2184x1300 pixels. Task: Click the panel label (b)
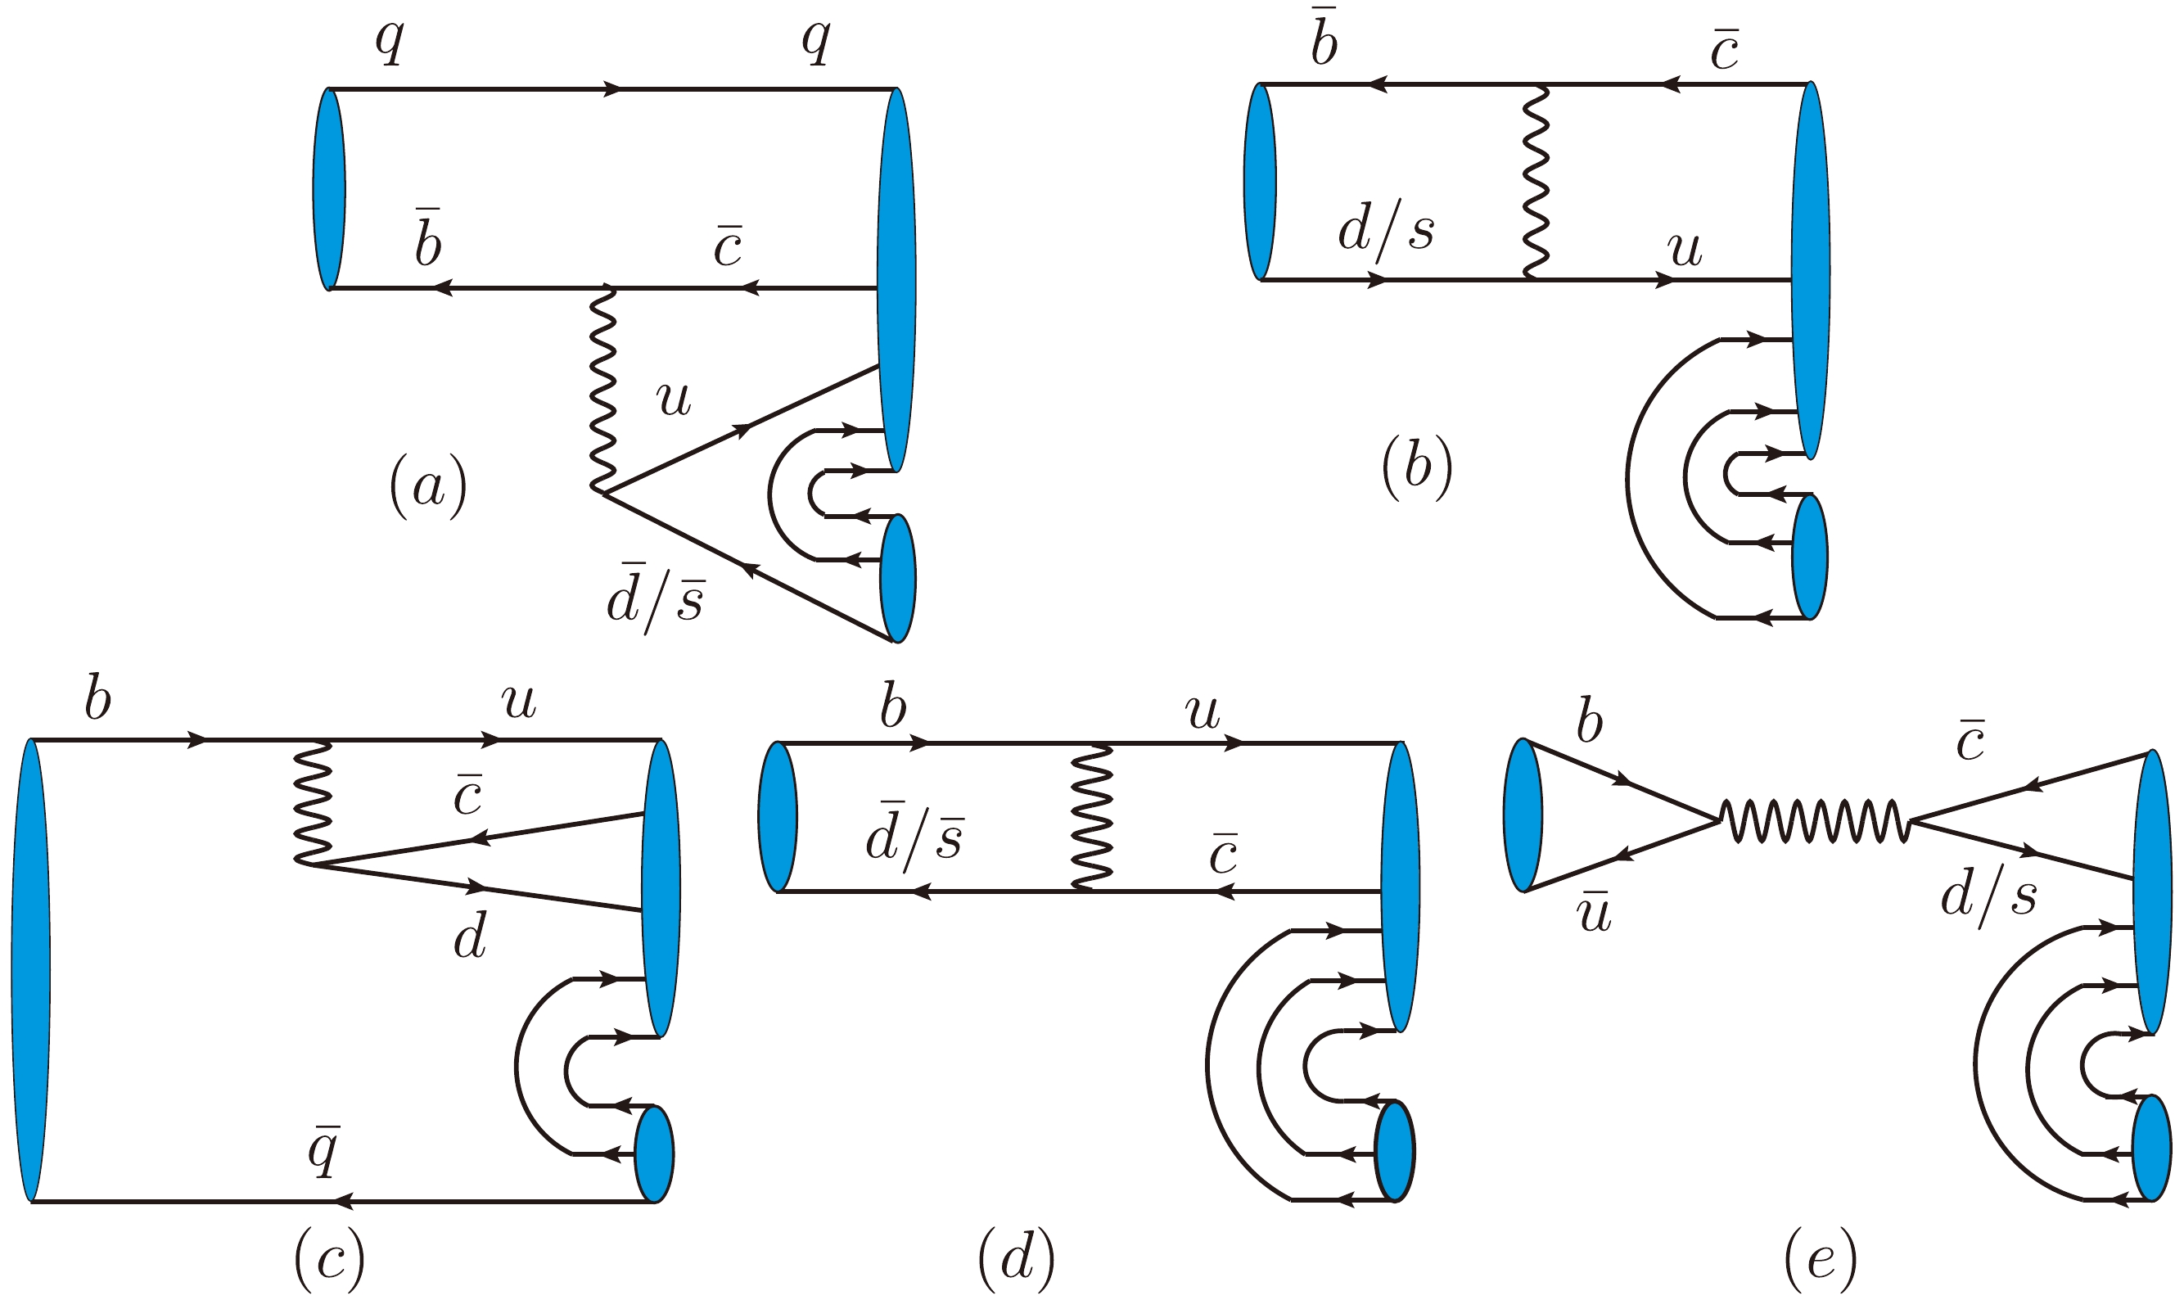[1417, 470]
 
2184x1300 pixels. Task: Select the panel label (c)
[329, 1260]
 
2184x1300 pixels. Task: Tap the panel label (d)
[1016, 1260]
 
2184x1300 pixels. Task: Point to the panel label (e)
[1820, 1260]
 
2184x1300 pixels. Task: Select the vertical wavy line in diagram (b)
[1536, 183]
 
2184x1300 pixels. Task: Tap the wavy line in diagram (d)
[1092, 816]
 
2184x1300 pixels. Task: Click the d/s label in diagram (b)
[1386, 233]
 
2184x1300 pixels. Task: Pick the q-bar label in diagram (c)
[324, 1150]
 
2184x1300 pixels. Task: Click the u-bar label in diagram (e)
[1593, 913]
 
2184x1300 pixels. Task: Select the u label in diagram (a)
[674, 399]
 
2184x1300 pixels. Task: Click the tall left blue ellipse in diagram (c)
[30, 970]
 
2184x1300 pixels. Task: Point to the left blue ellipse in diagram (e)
[1523, 815]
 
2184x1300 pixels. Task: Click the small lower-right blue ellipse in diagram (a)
[898, 578]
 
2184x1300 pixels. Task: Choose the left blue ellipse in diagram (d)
[778, 817]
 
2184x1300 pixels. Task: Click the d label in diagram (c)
[470, 939]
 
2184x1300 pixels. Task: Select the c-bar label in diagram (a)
[728, 246]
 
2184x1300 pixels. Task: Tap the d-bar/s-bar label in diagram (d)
[914, 835]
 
